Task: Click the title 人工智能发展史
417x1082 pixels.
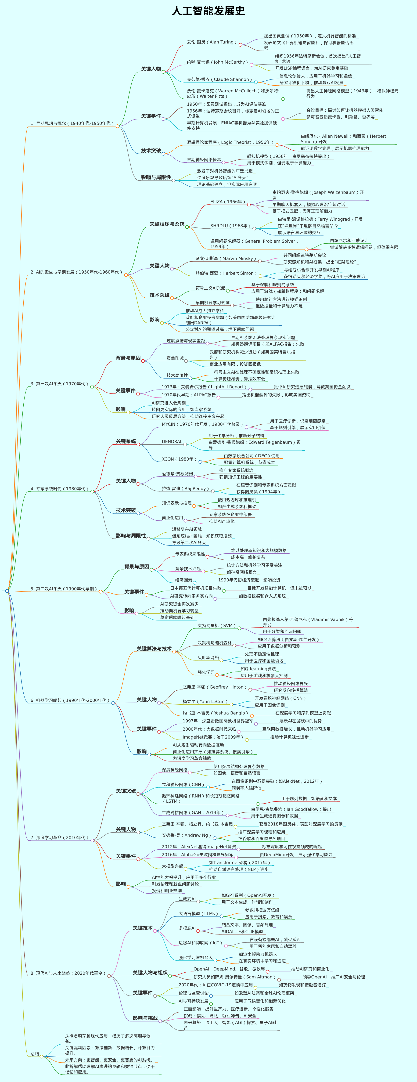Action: click(208, 11)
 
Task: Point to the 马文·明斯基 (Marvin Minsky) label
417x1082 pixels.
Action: click(226, 259)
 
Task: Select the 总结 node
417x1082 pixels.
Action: click(35, 1054)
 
